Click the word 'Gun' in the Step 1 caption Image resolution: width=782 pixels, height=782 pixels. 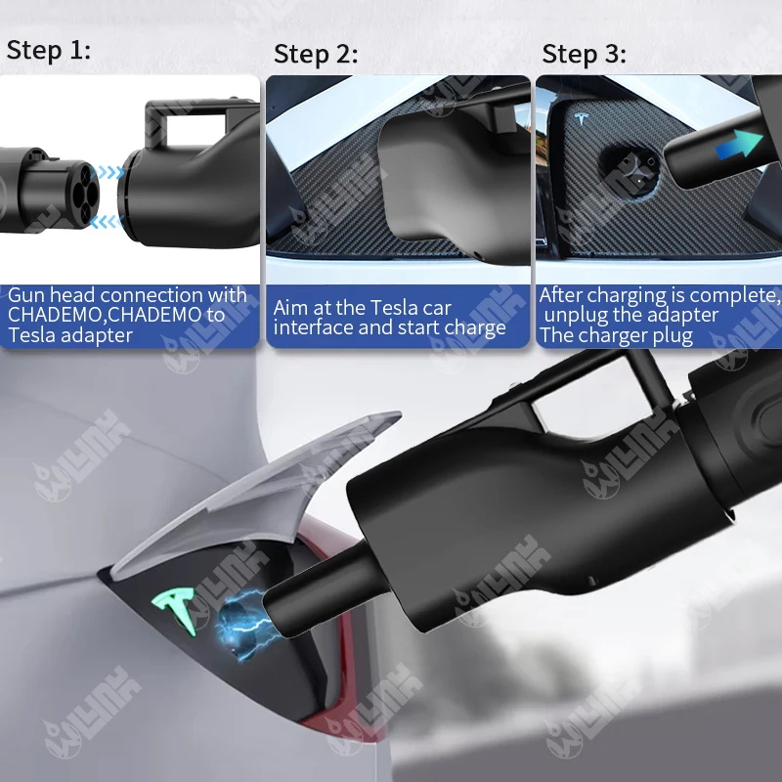(27, 295)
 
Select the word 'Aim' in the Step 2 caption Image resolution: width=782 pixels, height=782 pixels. (292, 308)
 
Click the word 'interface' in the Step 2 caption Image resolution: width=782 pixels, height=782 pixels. (312, 327)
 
